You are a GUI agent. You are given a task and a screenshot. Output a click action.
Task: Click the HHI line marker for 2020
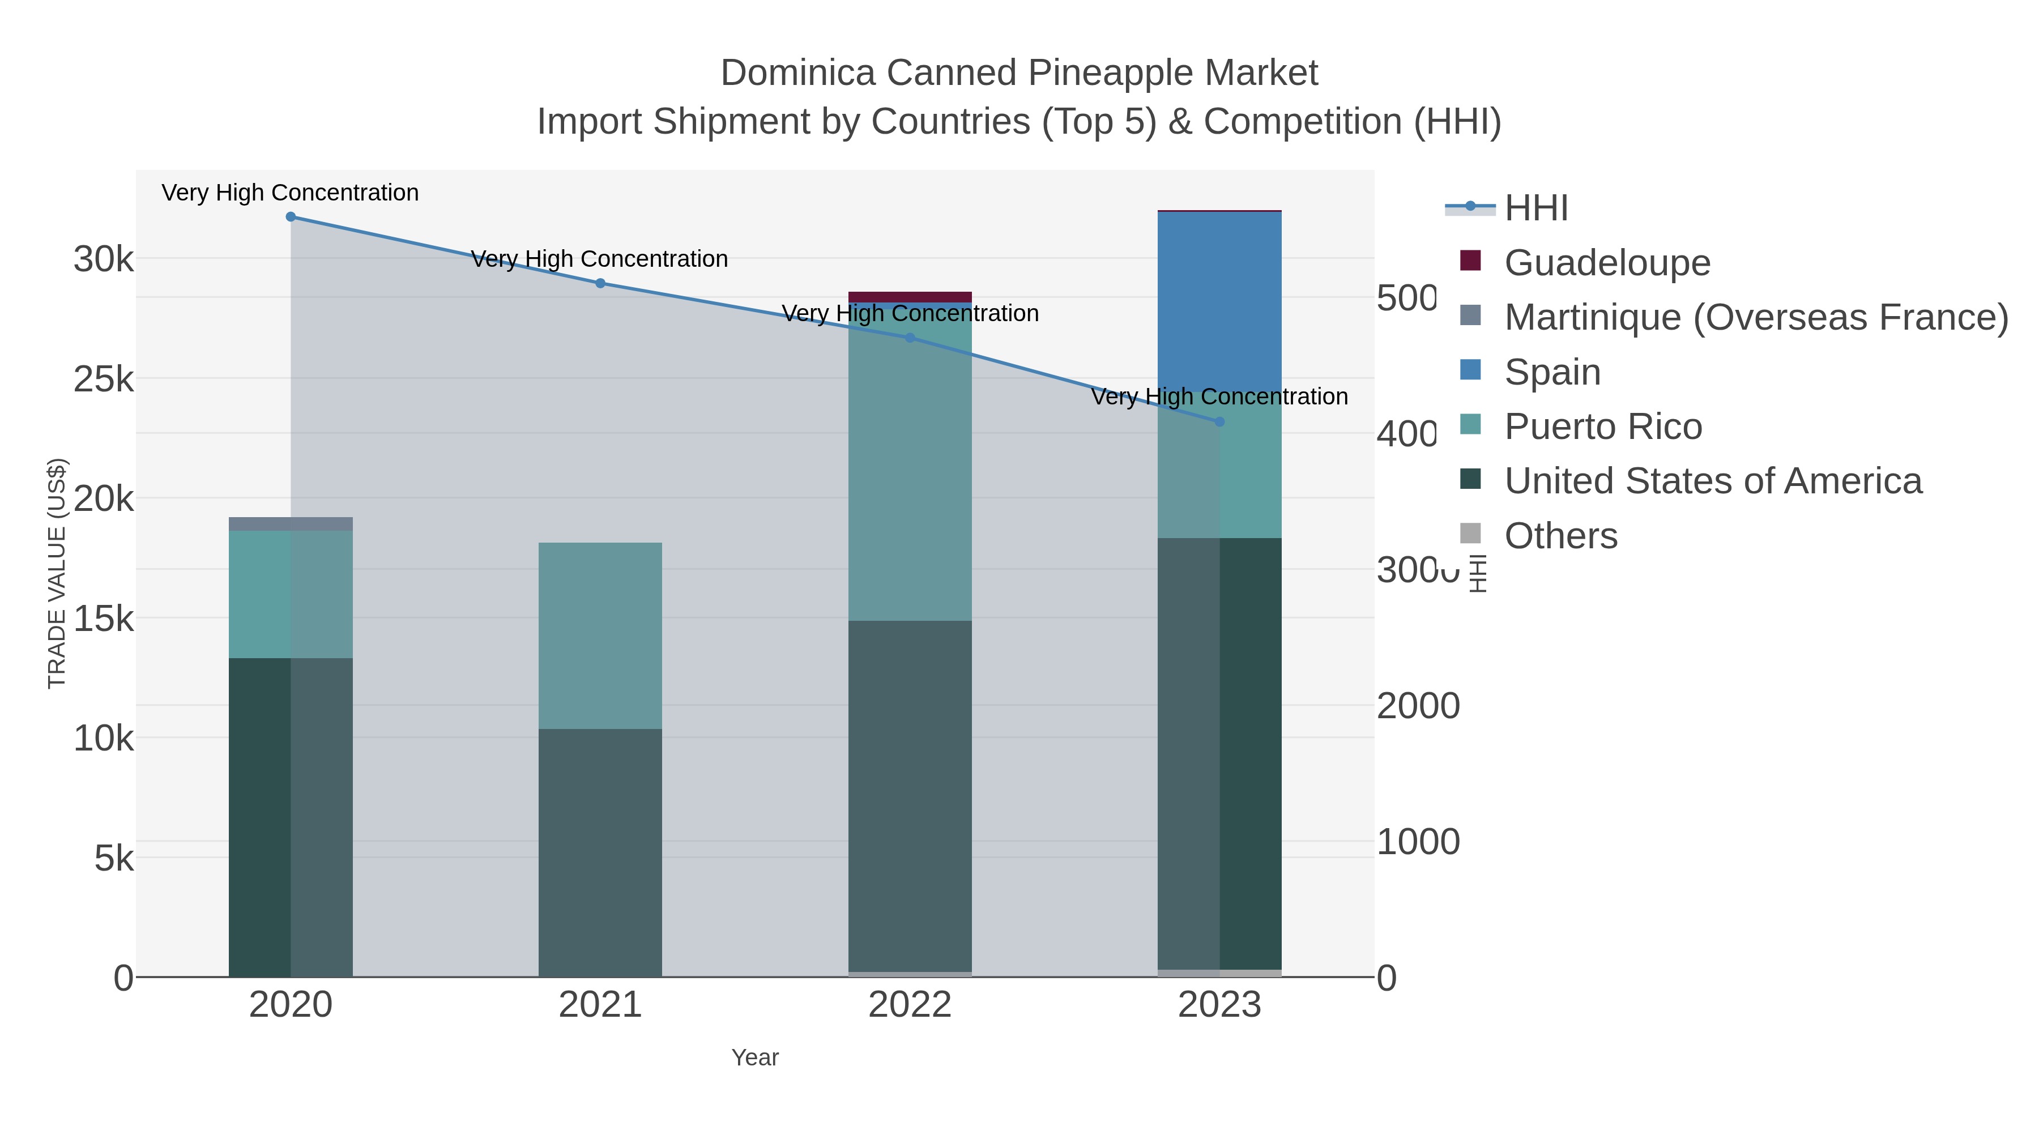[291, 217]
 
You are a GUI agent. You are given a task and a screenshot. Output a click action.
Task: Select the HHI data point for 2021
[600, 283]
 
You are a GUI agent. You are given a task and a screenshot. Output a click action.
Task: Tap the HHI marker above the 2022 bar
[910, 338]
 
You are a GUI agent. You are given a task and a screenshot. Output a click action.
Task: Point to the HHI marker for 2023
[1219, 422]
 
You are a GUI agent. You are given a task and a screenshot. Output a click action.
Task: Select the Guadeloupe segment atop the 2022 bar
[910, 297]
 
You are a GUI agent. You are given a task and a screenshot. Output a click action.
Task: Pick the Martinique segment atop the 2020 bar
[291, 524]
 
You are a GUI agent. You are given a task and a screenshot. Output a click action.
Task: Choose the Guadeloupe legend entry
[1607, 263]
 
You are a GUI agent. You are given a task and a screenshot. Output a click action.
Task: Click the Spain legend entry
[1551, 372]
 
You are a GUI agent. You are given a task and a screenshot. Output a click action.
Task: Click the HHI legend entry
[1535, 208]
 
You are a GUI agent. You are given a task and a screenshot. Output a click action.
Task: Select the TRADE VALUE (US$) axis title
[57, 573]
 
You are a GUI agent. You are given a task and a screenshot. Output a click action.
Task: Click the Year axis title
[755, 1058]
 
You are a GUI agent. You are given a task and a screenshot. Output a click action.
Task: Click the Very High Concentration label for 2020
[291, 193]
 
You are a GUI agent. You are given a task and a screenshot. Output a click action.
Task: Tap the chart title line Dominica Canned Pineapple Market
[1019, 73]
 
